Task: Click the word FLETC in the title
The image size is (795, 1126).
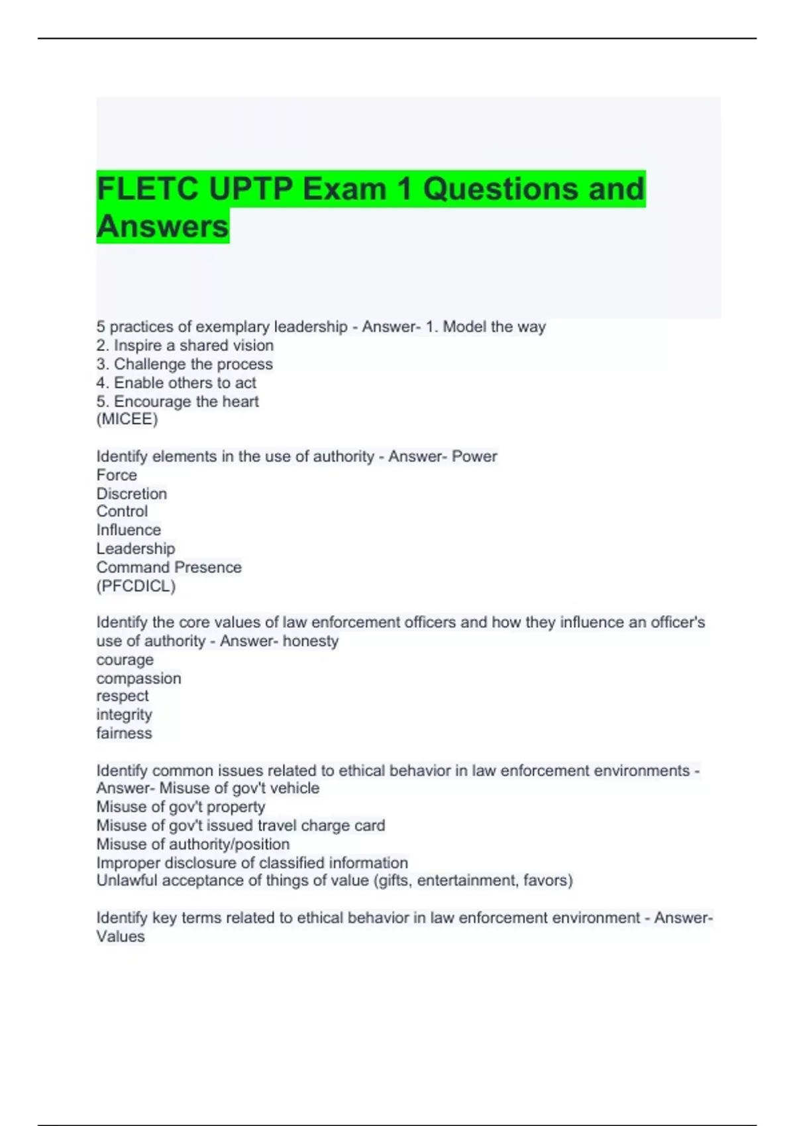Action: click(148, 189)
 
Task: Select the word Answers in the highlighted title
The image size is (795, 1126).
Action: click(163, 227)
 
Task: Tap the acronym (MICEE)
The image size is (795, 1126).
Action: click(127, 419)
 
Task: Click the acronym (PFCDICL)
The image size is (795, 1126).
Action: click(136, 586)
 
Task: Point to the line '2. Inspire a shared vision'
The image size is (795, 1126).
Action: click(185, 345)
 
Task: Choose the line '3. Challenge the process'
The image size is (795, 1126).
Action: click(184, 364)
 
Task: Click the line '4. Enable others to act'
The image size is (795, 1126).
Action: click(176, 383)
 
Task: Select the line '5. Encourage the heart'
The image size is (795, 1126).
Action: click(178, 401)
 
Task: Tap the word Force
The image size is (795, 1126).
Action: click(117, 475)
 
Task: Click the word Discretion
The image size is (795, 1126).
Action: click(132, 493)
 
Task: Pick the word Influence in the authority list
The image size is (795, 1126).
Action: click(129, 530)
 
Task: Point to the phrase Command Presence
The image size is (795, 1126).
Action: click(169, 568)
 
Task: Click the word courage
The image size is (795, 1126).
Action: click(125, 660)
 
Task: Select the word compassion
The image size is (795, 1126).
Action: click(138, 678)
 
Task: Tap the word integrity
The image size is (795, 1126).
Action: click(125, 715)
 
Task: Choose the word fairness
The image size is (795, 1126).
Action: click(125, 733)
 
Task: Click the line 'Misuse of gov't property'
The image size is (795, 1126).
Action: click(181, 807)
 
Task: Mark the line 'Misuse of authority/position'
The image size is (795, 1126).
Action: click(193, 844)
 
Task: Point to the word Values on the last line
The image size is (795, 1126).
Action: click(121, 937)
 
